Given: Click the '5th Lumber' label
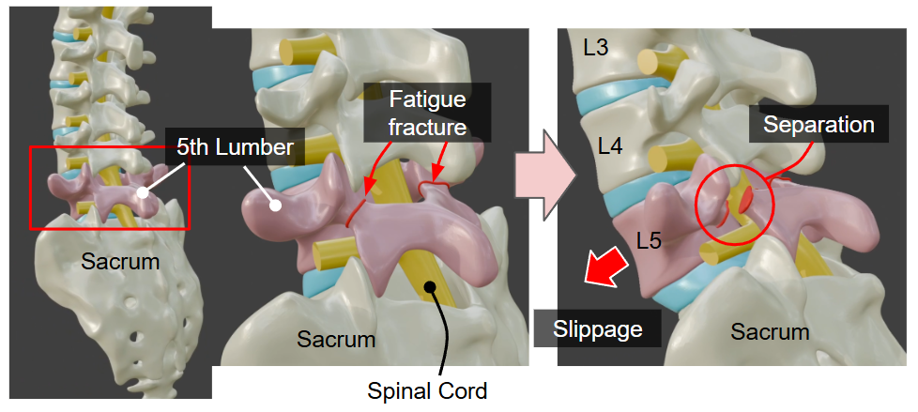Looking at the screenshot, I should [x=234, y=147].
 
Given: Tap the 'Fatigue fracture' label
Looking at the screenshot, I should [x=427, y=111].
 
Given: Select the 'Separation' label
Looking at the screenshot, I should [x=818, y=124].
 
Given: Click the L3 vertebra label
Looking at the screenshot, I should [x=596, y=47].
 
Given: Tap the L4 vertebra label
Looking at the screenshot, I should [x=610, y=145].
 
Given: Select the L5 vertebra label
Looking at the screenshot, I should [x=649, y=240].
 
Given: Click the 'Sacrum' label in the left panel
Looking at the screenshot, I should [x=120, y=262].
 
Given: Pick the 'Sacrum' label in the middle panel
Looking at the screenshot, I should [x=336, y=338].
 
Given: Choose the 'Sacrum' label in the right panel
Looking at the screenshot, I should [x=770, y=331].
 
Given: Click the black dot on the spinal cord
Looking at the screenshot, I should [x=429, y=287].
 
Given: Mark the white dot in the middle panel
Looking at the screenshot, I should [x=277, y=204].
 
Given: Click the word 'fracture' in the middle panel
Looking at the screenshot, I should [x=429, y=126].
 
